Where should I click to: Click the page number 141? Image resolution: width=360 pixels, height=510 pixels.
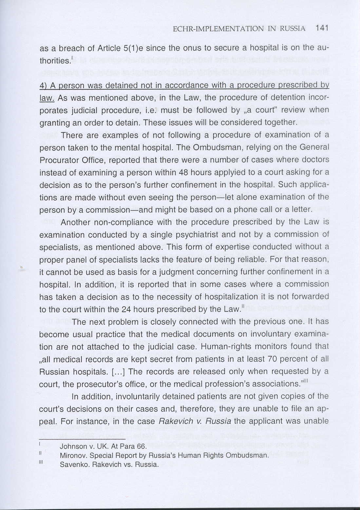(322, 28)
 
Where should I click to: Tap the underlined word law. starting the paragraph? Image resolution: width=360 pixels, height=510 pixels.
(47, 98)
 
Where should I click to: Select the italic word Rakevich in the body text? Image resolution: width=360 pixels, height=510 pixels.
(173, 421)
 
